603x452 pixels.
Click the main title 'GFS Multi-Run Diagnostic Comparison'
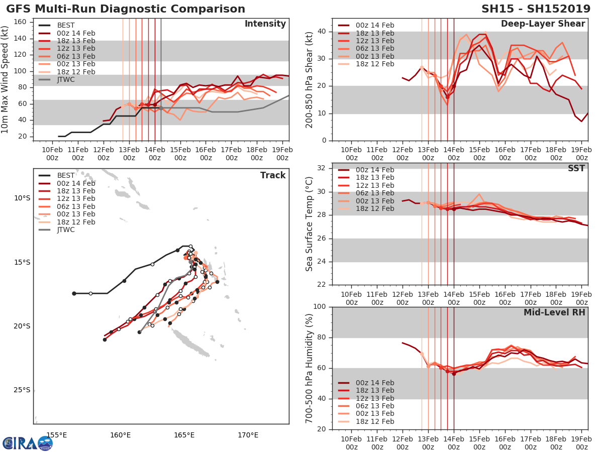pos(126,9)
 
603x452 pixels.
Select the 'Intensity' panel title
pos(265,24)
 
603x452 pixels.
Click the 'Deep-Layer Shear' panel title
pos(543,24)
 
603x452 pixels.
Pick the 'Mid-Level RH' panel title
pos(554,312)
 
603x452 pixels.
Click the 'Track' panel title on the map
pos(273,175)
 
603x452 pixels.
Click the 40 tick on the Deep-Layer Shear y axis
pos(322,32)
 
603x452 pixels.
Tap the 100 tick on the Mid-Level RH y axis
pos(320,307)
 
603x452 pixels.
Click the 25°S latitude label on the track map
pos(22,390)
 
